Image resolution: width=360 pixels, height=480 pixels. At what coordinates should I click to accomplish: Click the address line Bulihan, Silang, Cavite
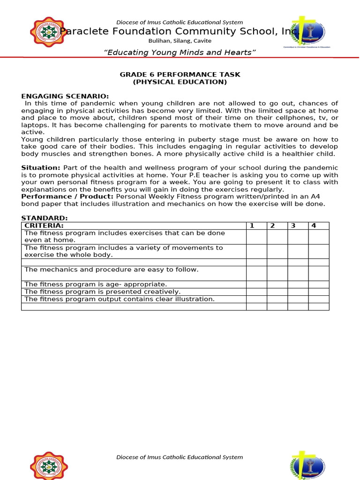point(180,41)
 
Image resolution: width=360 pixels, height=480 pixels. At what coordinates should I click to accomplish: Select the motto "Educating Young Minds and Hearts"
point(180,52)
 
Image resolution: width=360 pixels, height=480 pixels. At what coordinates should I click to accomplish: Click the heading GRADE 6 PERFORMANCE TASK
point(180,75)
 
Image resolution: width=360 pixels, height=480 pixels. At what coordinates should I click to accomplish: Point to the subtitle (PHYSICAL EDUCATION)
point(180,82)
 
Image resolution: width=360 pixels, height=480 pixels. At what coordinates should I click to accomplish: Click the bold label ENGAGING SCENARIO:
point(65,96)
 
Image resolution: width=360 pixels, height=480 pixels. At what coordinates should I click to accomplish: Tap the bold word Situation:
point(41,168)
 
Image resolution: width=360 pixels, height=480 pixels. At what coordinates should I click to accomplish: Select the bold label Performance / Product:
point(67,196)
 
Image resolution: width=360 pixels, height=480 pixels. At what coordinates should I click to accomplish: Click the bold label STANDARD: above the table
point(45,218)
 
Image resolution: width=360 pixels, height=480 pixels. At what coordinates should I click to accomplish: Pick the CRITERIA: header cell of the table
point(44,225)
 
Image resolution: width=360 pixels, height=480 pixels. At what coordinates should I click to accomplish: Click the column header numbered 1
point(252,225)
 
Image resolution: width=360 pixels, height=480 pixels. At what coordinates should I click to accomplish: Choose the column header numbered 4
point(314,225)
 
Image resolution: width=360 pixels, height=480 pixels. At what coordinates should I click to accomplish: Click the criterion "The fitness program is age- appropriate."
point(96,284)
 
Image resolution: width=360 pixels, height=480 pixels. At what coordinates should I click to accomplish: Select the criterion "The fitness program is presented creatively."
point(102,292)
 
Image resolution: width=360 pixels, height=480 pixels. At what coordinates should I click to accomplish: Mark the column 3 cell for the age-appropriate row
point(298,284)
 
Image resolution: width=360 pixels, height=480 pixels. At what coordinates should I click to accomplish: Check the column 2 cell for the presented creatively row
point(277,292)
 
